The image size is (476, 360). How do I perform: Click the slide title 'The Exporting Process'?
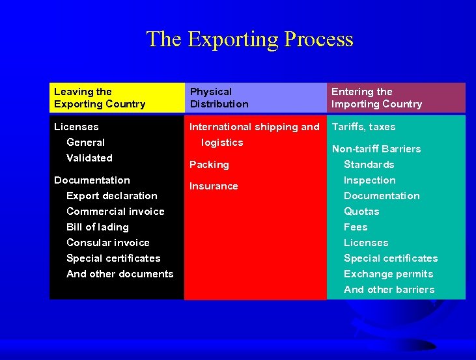tap(249, 39)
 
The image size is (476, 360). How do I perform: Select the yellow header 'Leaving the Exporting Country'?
tap(100, 98)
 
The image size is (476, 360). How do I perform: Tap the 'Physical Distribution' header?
tap(219, 98)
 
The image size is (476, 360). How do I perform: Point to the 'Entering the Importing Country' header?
tap(376, 98)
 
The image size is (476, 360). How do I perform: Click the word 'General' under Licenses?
tap(85, 143)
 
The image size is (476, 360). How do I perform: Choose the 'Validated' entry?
tap(89, 158)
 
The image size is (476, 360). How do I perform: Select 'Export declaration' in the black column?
tap(111, 196)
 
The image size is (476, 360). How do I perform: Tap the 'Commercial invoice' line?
tap(115, 212)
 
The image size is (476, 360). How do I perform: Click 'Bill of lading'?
tap(97, 227)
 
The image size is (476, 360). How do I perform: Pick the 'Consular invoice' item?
tap(107, 243)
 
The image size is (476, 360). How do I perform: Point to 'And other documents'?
tap(120, 274)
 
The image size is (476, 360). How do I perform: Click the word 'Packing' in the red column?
tap(209, 165)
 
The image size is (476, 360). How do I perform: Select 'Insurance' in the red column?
tap(214, 186)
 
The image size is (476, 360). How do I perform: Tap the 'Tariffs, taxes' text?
tap(363, 127)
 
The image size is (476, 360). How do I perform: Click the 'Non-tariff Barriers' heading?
tap(376, 149)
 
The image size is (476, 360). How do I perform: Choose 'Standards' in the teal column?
tap(369, 165)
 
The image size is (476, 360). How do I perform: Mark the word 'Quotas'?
tap(361, 212)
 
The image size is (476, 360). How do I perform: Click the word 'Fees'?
tap(356, 227)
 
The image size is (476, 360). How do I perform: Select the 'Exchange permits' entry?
tap(388, 274)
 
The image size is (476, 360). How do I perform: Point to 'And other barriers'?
tap(389, 290)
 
